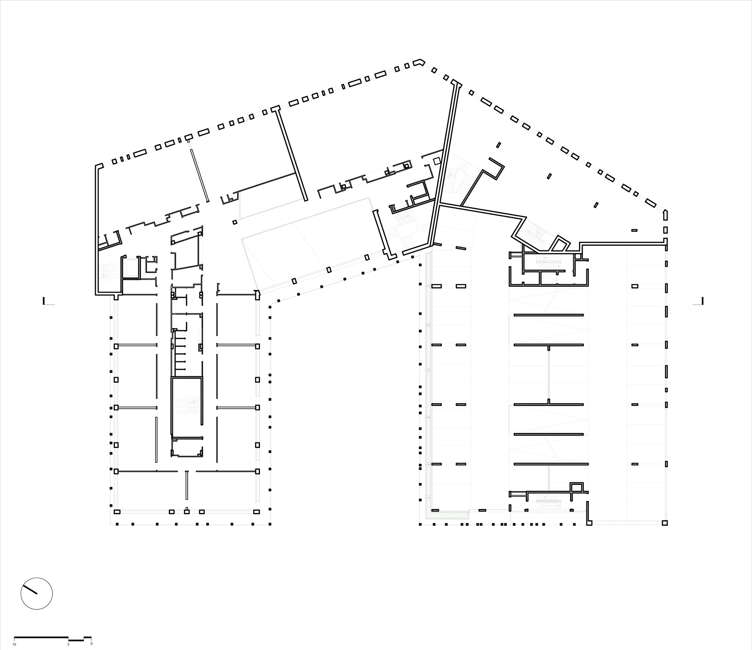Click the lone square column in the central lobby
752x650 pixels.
coord(235,222)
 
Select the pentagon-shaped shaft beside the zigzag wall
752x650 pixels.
coord(560,243)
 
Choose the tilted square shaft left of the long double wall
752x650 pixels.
coord(437,161)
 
